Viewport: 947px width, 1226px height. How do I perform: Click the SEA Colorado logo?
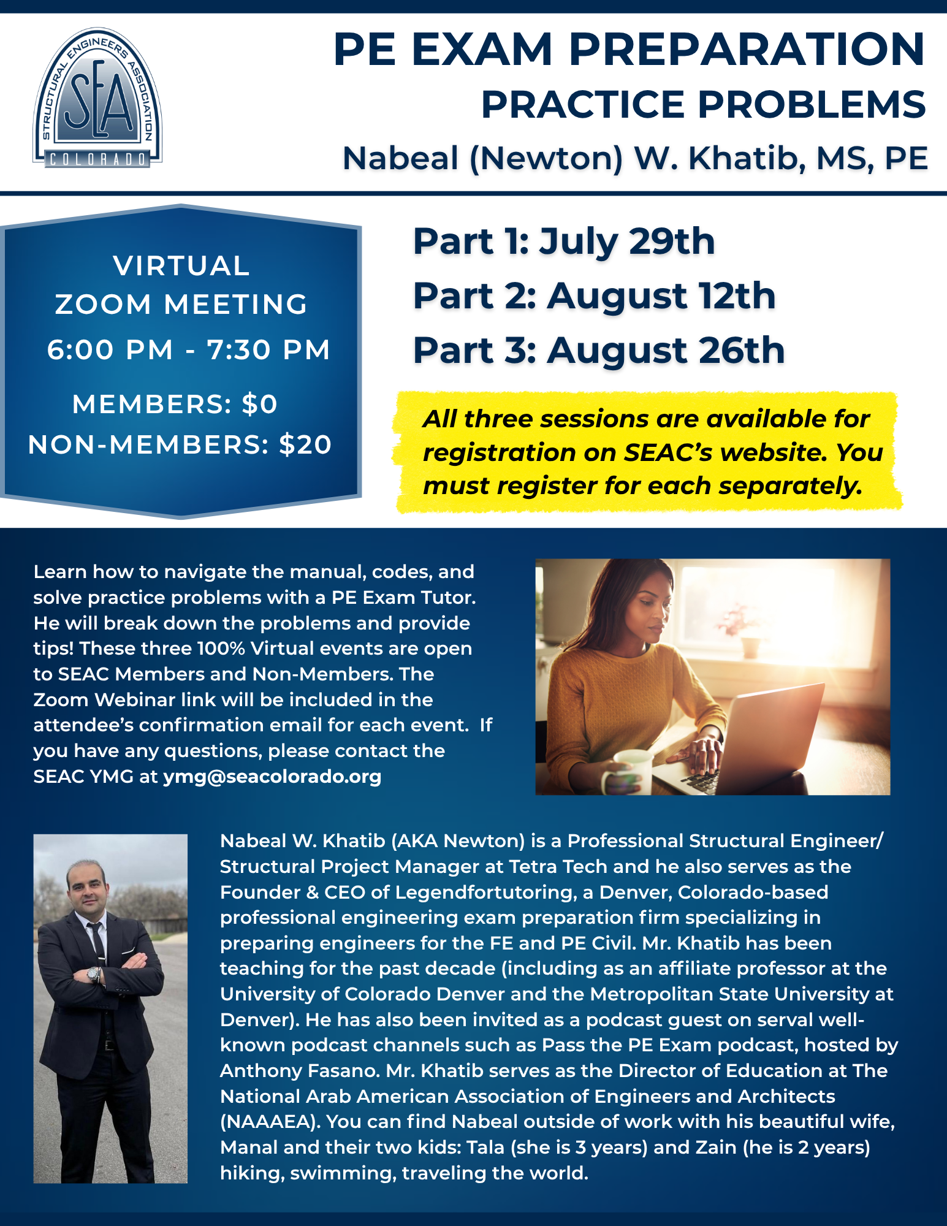tap(97, 98)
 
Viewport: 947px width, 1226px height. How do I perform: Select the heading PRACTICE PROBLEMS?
tap(703, 104)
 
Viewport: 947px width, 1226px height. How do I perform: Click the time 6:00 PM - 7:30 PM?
tap(189, 349)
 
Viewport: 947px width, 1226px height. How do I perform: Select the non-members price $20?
tap(305, 444)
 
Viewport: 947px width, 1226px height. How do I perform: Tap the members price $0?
tap(261, 404)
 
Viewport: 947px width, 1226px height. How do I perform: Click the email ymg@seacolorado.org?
tap(272, 776)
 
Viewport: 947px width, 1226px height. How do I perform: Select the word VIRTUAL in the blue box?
tap(181, 266)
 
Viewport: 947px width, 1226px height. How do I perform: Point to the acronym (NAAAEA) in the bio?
tap(270, 1121)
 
